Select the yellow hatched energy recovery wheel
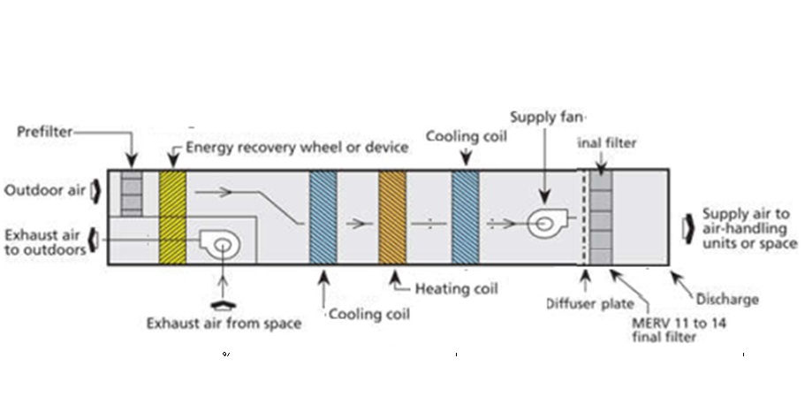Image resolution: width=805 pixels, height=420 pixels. click(x=172, y=217)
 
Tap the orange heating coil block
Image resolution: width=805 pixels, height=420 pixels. click(x=391, y=217)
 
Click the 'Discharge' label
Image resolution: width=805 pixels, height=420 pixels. click(x=726, y=299)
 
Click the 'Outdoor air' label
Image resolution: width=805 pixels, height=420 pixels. click(x=43, y=190)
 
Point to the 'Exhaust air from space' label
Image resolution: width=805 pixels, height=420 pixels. click(x=223, y=323)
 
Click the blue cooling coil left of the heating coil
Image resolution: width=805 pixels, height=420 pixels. click(x=323, y=217)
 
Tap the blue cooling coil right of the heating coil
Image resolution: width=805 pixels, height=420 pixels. click(x=465, y=217)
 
